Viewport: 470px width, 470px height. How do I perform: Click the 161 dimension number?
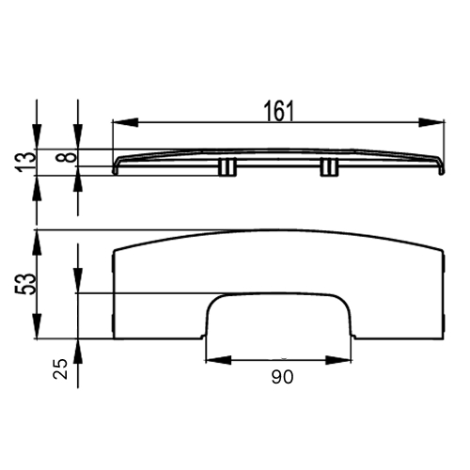click(x=279, y=111)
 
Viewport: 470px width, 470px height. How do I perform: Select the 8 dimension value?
click(x=66, y=157)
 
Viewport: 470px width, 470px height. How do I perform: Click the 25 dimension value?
click(x=60, y=368)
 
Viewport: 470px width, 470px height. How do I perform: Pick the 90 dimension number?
click(x=282, y=377)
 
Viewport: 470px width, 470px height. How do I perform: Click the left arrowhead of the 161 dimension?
click(x=125, y=122)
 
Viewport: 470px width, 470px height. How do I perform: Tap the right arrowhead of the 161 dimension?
click(x=431, y=122)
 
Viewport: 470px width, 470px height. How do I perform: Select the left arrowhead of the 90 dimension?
click(x=218, y=360)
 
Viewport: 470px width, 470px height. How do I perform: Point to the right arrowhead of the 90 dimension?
click(x=338, y=360)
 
